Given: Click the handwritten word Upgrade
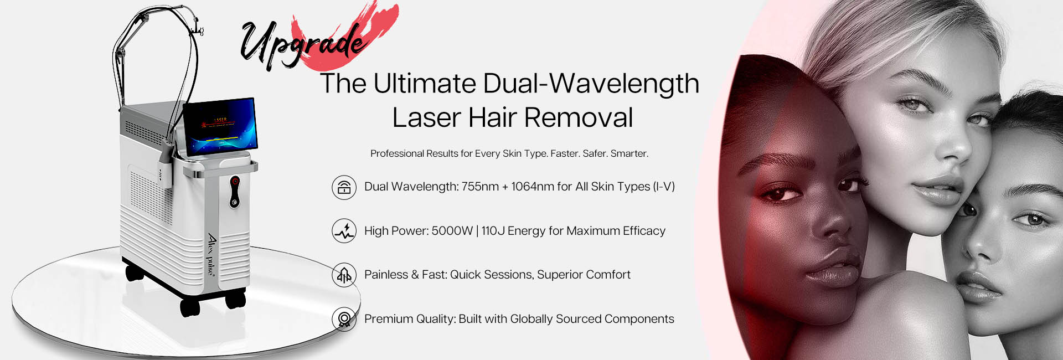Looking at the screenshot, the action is (302, 44).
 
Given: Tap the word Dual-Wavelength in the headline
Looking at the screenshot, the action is (591, 84).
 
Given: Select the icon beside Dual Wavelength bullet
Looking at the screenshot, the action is (344, 187).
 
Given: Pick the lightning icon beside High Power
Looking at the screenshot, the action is (344, 231).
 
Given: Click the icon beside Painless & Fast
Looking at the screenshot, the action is (344, 275).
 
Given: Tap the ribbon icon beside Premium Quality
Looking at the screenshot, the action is (344, 319).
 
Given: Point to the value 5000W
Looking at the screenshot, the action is (452, 231).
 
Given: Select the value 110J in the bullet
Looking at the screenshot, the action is (493, 231).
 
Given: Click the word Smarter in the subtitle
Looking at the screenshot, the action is (629, 153).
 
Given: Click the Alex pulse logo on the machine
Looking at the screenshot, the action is (212, 255).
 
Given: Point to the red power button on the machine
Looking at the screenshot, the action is (235, 182).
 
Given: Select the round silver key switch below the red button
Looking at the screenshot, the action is (235, 203).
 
